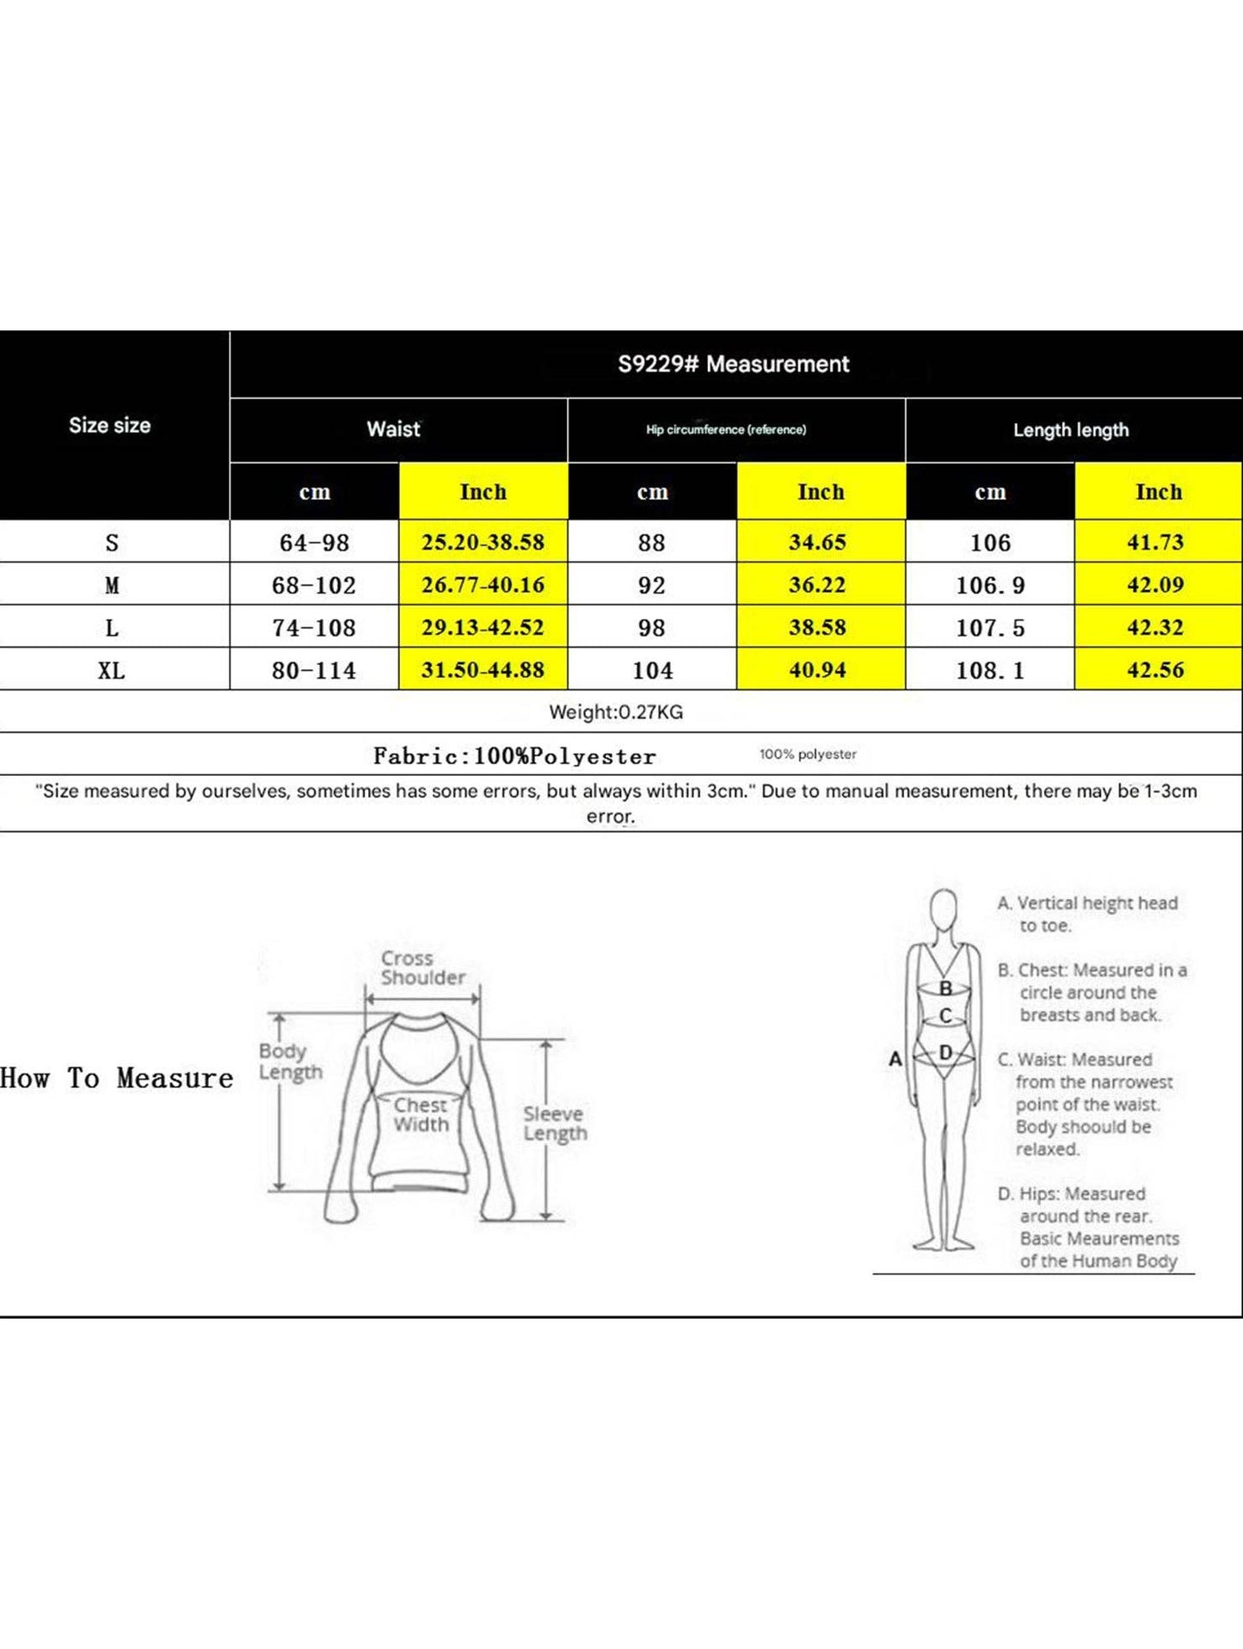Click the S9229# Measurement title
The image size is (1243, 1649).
(733, 364)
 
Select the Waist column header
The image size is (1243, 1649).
(394, 429)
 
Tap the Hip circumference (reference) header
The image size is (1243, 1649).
(726, 429)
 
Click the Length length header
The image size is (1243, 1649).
(1070, 430)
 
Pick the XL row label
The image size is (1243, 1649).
(112, 670)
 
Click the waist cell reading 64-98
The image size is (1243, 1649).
(314, 543)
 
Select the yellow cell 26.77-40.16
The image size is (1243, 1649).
(483, 585)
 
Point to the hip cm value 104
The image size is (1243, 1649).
(652, 670)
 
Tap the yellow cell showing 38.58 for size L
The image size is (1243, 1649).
(817, 627)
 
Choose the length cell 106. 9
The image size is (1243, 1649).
(990, 586)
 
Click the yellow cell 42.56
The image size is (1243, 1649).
(1155, 670)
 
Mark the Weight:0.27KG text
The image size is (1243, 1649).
(616, 712)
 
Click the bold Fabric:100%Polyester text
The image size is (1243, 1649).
(514, 756)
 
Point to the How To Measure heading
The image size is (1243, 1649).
(117, 1078)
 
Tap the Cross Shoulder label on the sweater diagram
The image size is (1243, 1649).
(422, 968)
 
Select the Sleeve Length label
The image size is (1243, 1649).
(555, 1123)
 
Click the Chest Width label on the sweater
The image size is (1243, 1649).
(421, 1115)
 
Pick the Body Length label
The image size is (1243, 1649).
(290, 1061)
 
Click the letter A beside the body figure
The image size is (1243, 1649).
(895, 1059)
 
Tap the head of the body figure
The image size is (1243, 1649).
(944, 908)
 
